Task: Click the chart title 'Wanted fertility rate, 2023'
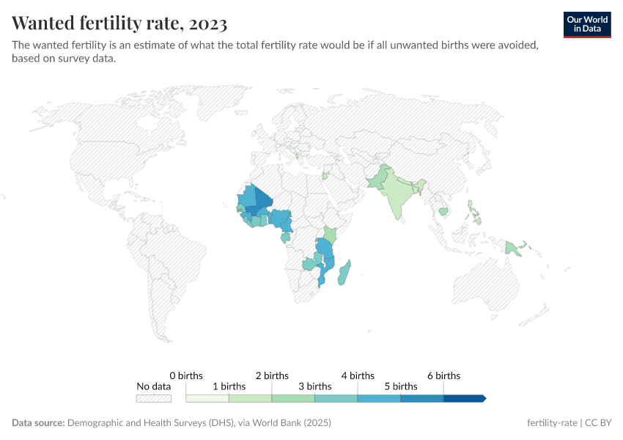click(119, 23)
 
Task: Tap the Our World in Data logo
click(587, 25)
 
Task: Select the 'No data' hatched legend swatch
click(154, 398)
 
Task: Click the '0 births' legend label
click(186, 375)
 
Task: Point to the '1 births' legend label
click(229, 386)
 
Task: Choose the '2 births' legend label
click(272, 375)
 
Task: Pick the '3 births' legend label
click(314, 386)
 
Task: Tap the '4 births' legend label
click(358, 375)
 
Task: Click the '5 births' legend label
click(400, 386)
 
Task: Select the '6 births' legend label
click(443, 375)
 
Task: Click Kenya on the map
click(331, 235)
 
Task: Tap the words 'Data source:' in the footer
click(38, 423)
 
